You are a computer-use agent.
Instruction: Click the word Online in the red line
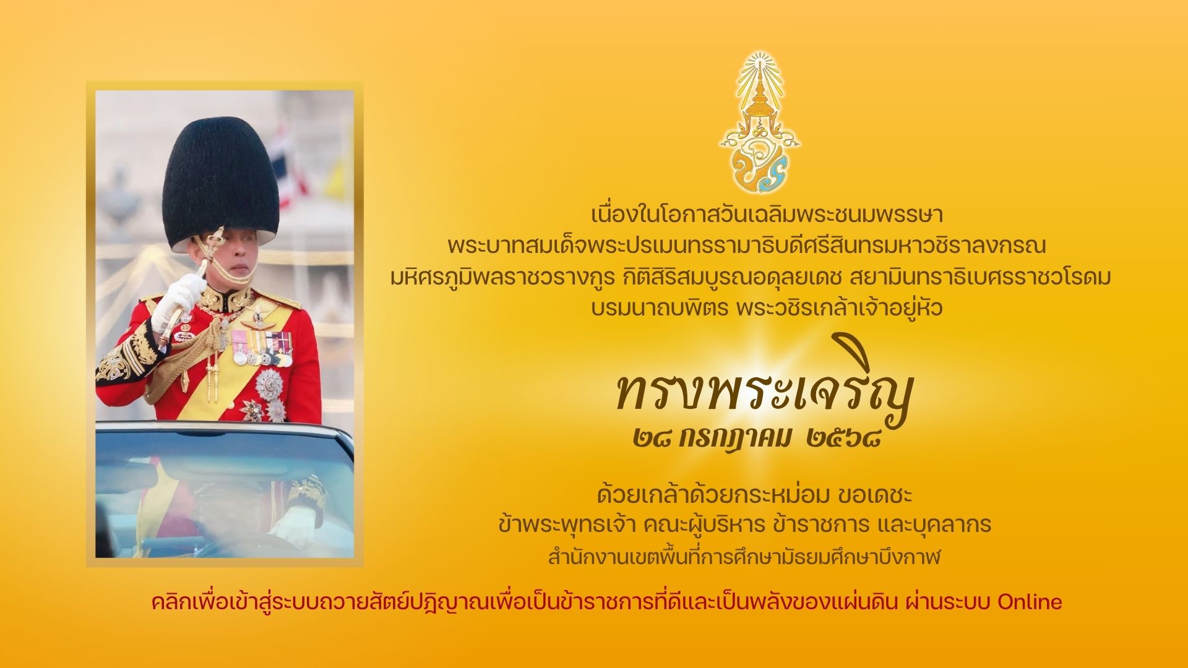(x=1030, y=602)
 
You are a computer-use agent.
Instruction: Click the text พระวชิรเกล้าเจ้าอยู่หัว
(x=839, y=307)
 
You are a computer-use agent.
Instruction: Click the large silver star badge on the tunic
(x=269, y=384)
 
